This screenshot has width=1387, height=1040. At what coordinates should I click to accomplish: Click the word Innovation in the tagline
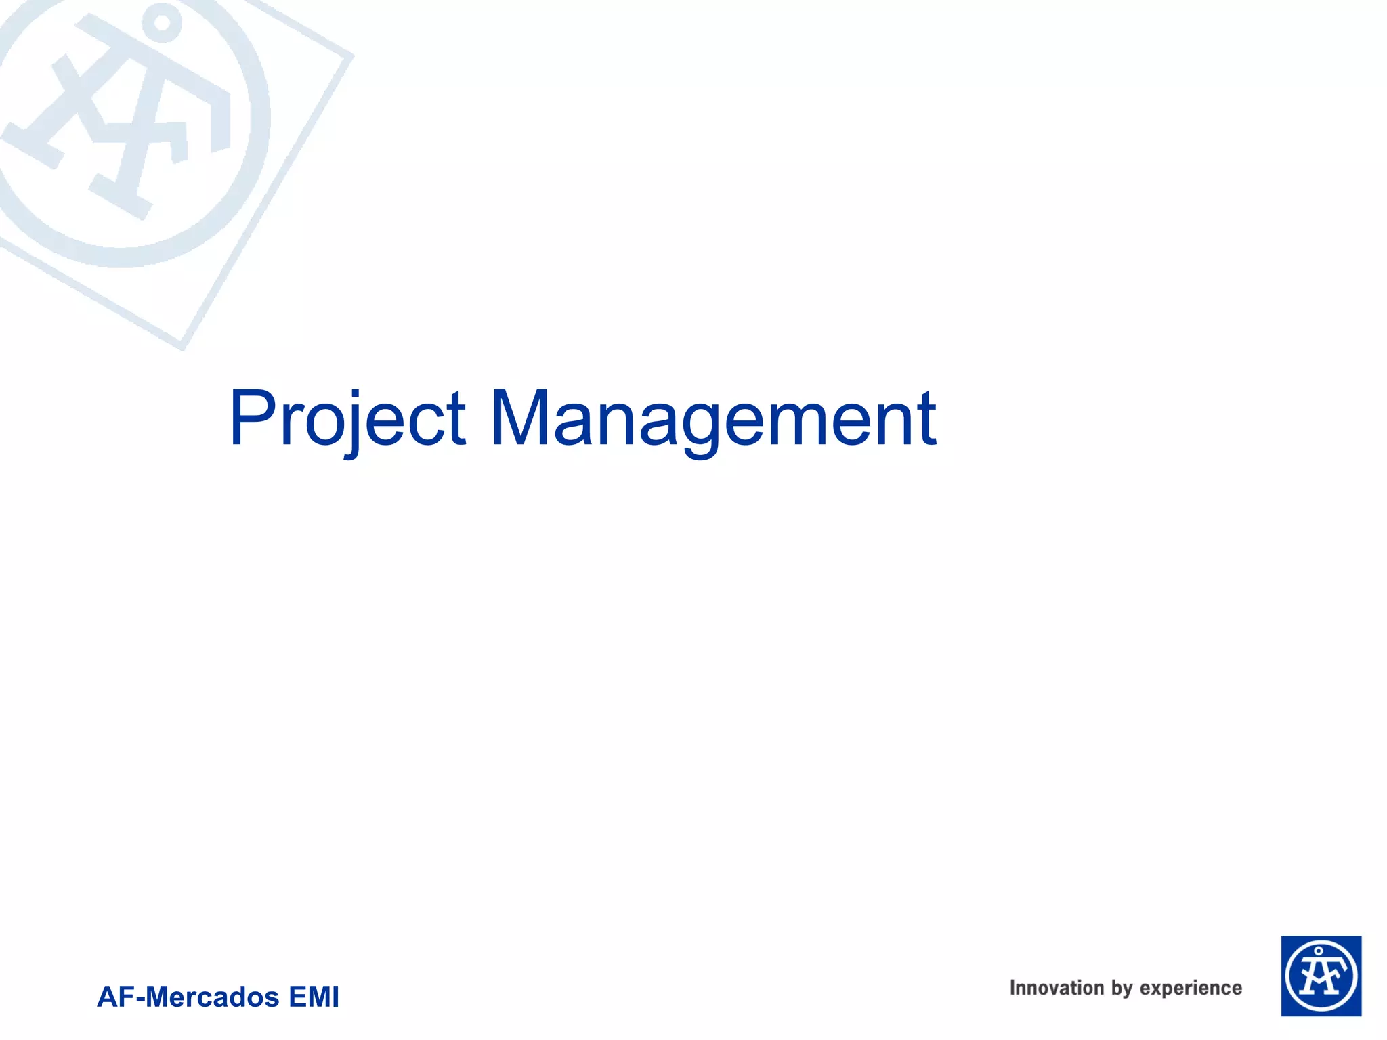(x=1057, y=988)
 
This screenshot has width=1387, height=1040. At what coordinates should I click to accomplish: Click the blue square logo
(x=1321, y=976)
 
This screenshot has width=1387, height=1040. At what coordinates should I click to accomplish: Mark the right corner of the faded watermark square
(x=351, y=56)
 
